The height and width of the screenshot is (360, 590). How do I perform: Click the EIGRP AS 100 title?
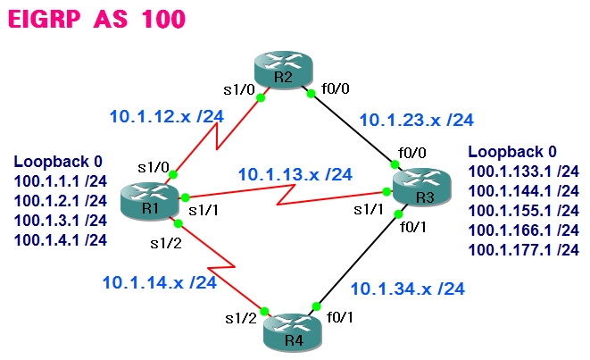[x=99, y=21]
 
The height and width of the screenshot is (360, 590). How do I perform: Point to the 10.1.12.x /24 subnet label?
[x=166, y=116]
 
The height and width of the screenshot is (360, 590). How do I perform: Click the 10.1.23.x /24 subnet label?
[x=416, y=120]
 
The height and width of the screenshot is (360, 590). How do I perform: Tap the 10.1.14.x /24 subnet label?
[x=160, y=282]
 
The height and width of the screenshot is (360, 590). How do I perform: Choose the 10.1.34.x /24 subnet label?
[x=408, y=289]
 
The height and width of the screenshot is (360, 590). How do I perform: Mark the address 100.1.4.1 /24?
[x=60, y=239]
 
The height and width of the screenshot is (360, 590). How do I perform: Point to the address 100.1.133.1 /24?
[x=524, y=171]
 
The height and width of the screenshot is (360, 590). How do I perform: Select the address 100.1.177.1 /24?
[x=524, y=249]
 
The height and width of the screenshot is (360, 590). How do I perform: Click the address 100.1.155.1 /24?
[x=524, y=210]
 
